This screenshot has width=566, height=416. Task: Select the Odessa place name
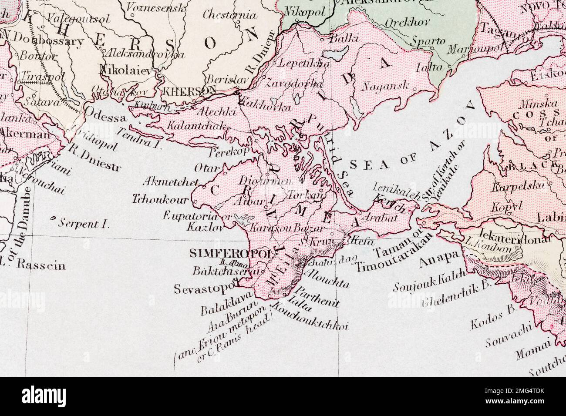tap(105, 111)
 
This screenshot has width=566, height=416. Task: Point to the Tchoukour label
tap(160, 200)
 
